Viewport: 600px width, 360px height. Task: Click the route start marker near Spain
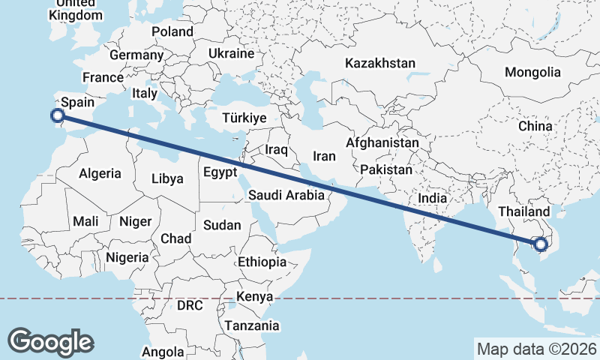tap(57, 115)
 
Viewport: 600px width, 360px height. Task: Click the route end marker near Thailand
tap(540, 243)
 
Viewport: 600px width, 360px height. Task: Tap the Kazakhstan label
tap(379, 64)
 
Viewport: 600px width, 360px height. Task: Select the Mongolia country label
tap(532, 73)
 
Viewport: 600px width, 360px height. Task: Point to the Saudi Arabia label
tap(287, 195)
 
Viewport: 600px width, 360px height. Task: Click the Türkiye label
tap(244, 118)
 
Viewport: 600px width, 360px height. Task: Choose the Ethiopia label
tap(262, 262)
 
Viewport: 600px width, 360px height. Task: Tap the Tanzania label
tap(251, 326)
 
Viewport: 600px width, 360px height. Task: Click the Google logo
tap(51, 342)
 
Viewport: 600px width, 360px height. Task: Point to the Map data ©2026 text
tap(536, 349)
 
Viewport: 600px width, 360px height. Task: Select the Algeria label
tap(100, 173)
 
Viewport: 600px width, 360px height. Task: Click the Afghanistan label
tap(382, 142)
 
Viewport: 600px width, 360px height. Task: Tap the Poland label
tap(172, 31)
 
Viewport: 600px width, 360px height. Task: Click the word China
tap(535, 126)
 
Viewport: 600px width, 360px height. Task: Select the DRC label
tap(190, 306)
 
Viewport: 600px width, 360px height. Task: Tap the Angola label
tap(163, 351)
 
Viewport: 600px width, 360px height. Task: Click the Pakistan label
tap(386, 170)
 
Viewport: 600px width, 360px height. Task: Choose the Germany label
tap(136, 55)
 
